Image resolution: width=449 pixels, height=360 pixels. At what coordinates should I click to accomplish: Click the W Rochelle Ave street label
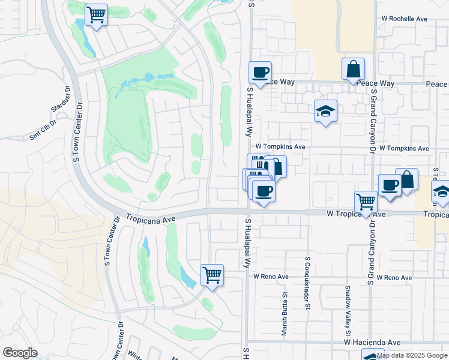click(x=404, y=19)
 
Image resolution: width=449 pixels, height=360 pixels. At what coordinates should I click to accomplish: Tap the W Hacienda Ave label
click(x=372, y=342)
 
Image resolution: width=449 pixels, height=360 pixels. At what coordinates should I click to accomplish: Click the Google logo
click(x=20, y=353)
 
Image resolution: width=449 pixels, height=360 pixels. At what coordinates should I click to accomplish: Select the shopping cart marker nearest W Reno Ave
click(x=212, y=275)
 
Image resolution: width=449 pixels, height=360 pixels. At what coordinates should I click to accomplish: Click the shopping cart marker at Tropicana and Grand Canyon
click(x=366, y=202)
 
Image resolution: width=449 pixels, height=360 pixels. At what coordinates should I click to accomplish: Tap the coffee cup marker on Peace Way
click(x=260, y=73)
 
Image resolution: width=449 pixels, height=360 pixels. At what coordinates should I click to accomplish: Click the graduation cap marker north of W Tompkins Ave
click(x=325, y=110)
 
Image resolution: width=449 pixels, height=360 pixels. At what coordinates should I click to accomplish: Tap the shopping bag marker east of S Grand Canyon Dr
click(x=406, y=179)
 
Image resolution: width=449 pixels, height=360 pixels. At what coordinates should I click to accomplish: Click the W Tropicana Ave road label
click(x=356, y=214)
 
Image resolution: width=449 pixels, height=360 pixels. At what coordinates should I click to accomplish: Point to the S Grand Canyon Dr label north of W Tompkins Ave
click(x=373, y=120)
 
